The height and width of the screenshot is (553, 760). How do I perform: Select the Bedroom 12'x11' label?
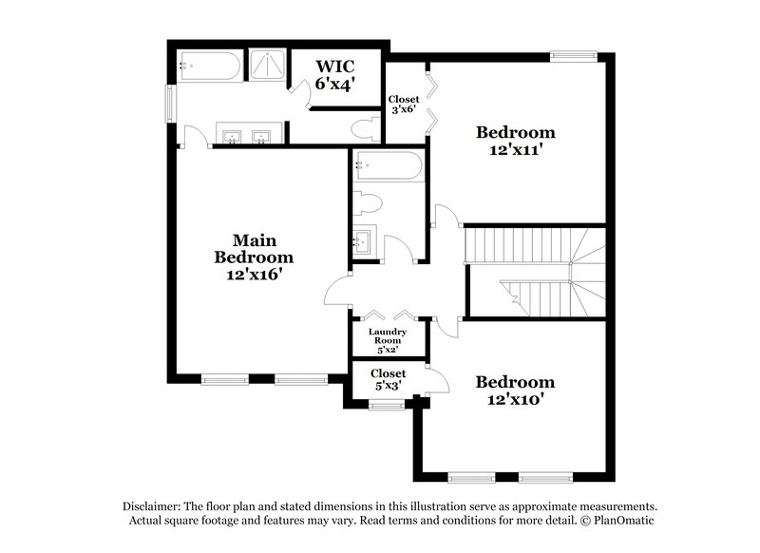[515, 140]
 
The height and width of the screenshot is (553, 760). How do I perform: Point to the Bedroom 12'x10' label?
[515, 391]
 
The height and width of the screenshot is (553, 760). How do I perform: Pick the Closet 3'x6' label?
[404, 104]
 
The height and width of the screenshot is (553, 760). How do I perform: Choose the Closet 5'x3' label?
[388, 380]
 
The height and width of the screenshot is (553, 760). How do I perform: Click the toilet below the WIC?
[362, 129]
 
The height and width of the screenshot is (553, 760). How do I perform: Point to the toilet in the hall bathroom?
[367, 203]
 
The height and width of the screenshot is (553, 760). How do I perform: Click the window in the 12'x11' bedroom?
[574, 56]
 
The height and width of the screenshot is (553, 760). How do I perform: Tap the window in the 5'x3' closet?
[386, 406]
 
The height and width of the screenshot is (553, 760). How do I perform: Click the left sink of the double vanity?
[232, 137]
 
